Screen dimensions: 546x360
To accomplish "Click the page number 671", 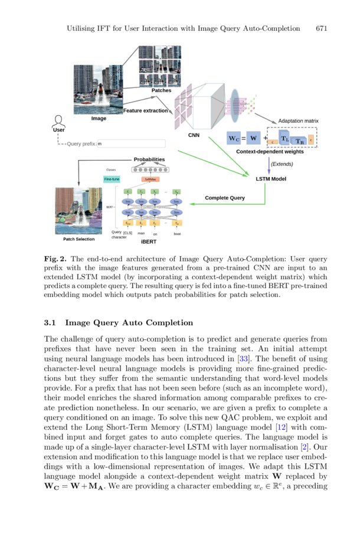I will [322, 28].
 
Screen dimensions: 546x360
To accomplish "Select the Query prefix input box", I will [130, 143].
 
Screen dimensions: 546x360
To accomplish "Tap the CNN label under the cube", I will [194, 135].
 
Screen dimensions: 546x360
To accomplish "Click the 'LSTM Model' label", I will [271, 178].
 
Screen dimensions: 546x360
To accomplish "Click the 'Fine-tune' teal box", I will [112, 179].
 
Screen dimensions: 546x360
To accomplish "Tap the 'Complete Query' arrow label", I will [225, 198].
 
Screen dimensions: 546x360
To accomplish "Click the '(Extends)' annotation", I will [282, 164].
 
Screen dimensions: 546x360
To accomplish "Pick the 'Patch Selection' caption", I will [78, 239].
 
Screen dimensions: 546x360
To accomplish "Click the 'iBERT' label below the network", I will [149, 242].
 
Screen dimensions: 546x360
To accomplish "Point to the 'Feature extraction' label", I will [145, 111].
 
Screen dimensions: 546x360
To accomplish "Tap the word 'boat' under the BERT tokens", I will [177, 234].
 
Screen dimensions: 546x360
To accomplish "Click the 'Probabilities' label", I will [149, 159].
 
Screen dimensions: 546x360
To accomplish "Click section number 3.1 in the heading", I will [50, 323].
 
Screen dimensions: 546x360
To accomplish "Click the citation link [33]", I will [243, 358].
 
